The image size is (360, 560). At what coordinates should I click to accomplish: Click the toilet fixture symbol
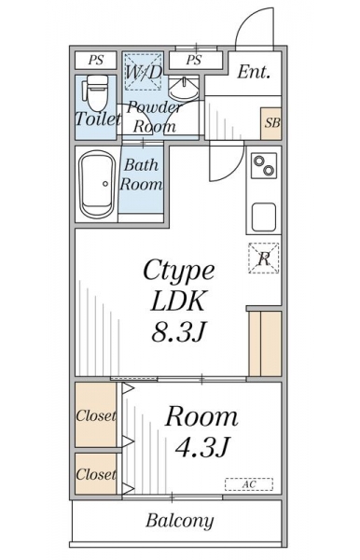95,92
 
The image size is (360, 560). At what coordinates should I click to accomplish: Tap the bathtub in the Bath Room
97,184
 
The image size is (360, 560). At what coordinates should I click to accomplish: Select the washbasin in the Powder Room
184,90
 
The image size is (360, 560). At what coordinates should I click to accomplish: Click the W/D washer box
144,72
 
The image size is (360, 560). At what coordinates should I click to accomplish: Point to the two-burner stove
264,165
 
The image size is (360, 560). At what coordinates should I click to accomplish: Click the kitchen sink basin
264,217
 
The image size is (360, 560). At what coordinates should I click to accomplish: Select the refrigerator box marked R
264,259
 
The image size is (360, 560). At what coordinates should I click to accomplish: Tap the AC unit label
249,484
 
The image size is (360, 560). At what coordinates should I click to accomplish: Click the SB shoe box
271,123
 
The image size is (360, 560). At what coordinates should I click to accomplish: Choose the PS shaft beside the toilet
96,60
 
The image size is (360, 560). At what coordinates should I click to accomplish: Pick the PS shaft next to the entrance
195,60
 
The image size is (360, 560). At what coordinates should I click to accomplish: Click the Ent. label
254,72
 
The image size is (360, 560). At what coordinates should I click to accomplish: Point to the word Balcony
180,521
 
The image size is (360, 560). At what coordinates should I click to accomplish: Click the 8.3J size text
178,331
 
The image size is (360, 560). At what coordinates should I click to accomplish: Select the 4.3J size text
202,446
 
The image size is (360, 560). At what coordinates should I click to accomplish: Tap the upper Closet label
96,415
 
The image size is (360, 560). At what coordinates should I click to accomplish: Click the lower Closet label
96,474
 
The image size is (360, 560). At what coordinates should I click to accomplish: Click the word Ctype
179,273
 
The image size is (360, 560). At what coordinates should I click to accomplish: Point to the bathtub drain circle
105,184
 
